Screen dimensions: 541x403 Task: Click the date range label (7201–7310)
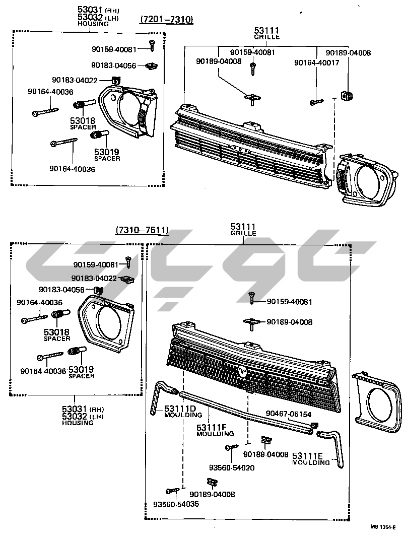point(166,20)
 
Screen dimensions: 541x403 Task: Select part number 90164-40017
point(317,62)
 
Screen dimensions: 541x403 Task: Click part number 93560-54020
point(233,467)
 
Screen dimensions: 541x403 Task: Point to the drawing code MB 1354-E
point(383,527)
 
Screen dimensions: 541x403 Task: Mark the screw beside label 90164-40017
point(316,102)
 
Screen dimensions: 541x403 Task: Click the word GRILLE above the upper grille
point(266,37)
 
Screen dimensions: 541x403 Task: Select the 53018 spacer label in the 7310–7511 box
point(56,334)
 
